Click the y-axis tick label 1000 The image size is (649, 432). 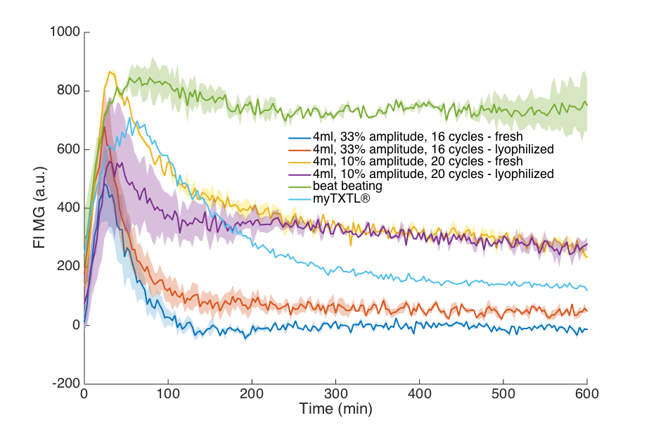coord(65,32)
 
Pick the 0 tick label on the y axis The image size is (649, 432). coord(75,325)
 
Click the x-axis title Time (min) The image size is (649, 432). coord(335,409)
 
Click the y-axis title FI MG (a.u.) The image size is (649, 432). coord(40,208)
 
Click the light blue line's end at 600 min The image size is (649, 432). coord(587,290)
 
